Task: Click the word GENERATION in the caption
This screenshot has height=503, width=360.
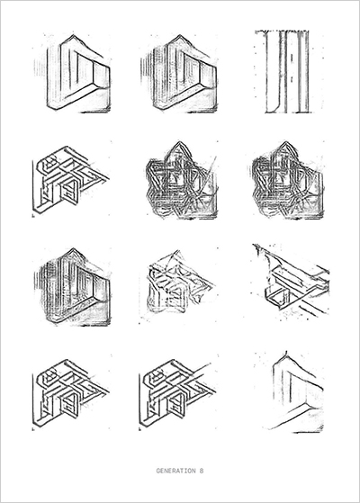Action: (x=175, y=471)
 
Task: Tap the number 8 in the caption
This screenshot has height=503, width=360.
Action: (x=202, y=471)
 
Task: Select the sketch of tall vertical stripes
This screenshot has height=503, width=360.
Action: (x=286, y=72)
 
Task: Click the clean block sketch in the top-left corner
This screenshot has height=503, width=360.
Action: (x=72, y=73)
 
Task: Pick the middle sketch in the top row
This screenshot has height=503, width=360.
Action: (x=179, y=73)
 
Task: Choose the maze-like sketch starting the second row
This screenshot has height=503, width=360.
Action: (x=71, y=180)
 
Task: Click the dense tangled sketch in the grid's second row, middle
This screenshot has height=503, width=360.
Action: (x=181, y=180)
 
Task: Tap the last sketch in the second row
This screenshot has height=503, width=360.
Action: (x=287, y=180)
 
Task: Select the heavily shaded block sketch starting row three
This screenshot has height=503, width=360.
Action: (x=72, y=287)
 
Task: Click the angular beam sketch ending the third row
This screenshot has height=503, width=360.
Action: (x=291, y=282)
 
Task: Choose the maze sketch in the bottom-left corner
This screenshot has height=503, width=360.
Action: (x=71, y=394)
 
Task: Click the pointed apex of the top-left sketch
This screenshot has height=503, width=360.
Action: (x=73, y=35)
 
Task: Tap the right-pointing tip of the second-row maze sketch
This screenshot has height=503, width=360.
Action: (x=109, y=177)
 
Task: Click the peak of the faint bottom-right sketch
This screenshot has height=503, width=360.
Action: (x=285, y=352)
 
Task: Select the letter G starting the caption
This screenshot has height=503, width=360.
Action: (x=158, y=471)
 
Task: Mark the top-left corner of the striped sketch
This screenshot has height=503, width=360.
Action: (x=256, y=31)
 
